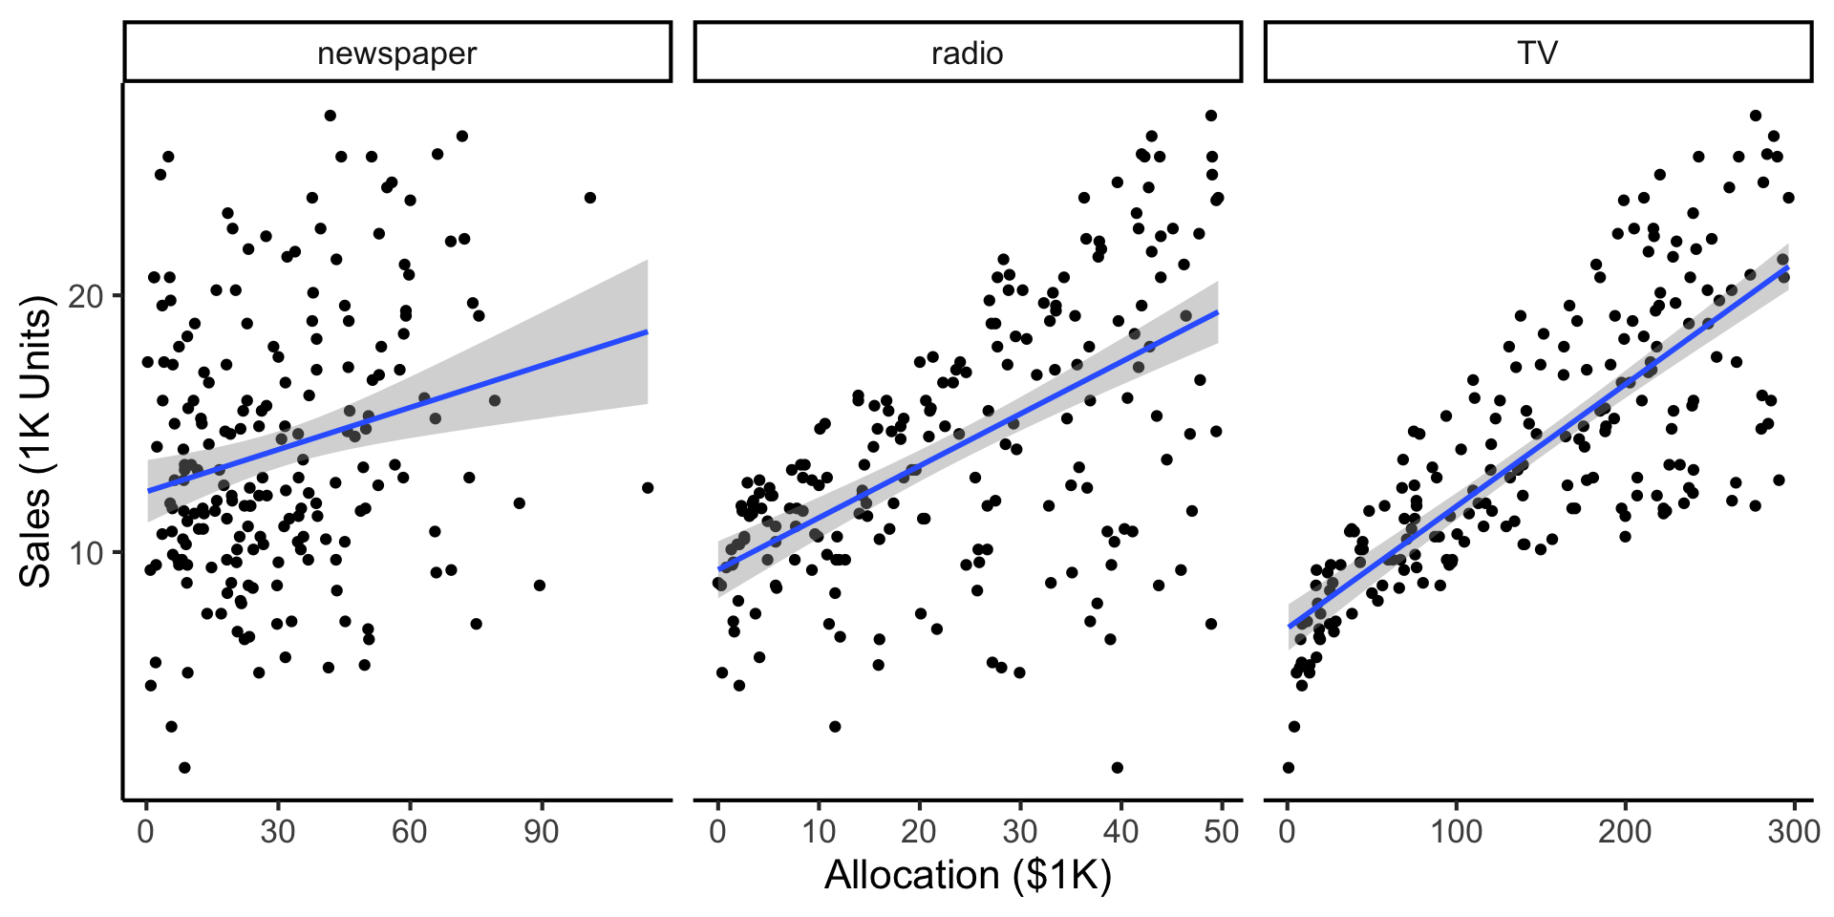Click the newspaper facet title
(x=396, y=53)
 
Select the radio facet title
(x=967, y=53)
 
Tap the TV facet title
(x=1537, y=53)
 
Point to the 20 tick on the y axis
(x=86, y=296)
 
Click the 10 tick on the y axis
(x=86, y=553)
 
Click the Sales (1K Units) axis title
(x=36, y=441)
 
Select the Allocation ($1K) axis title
(x=968, y=875)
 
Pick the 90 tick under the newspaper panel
(x=542, y=832)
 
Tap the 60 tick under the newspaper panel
(x=410, y=832)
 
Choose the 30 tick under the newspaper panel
(x=278, y=832)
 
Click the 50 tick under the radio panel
(x=1222, y=832)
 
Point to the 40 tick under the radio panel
(x=1120, y=832)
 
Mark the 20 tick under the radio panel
(x=919, y=832)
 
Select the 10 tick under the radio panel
(x=819, y=832)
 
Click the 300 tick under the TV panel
(x=1793, y=832)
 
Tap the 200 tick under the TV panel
(x=1625, y=832)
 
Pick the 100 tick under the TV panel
(x=1456, y=832)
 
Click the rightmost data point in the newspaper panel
(x=648, y=488)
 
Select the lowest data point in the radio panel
(x=1118, y=768)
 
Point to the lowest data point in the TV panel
(x=1289, y=768)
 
